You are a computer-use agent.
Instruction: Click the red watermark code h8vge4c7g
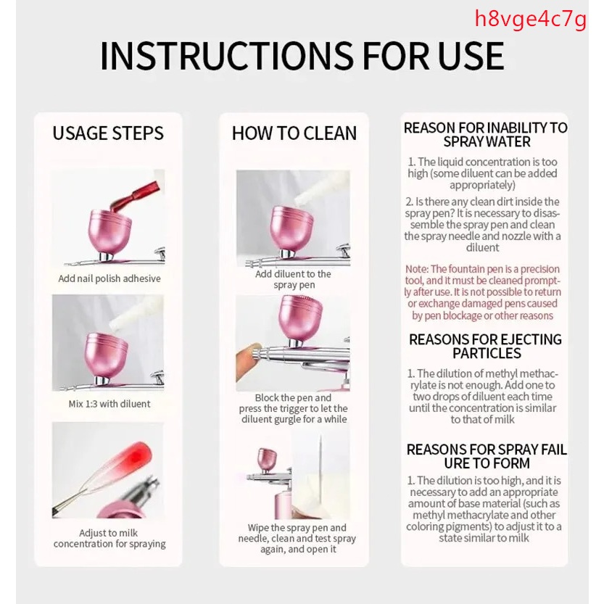click(531, 20)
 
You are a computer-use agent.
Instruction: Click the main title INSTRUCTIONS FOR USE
click(302, 56)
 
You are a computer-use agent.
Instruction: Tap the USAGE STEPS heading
click(108, 133)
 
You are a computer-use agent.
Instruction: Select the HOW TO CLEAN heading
click(294, 133)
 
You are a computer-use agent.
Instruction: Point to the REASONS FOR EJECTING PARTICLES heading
click(485, 347)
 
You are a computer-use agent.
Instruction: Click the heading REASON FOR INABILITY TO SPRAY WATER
click(485, 135)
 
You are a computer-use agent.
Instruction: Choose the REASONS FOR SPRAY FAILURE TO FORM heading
click(487, 457)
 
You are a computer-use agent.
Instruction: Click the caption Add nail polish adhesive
click(109, 278)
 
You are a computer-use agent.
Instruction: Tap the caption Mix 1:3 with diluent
click(109, 404)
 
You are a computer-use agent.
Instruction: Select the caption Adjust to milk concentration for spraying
click(109, 538)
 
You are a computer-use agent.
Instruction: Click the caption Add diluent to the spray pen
click(293, 279)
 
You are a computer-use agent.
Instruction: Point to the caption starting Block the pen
click(293, 408)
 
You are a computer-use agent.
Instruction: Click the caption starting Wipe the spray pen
click(297, 538)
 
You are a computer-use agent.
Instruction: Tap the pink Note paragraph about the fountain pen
click(483, 292)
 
